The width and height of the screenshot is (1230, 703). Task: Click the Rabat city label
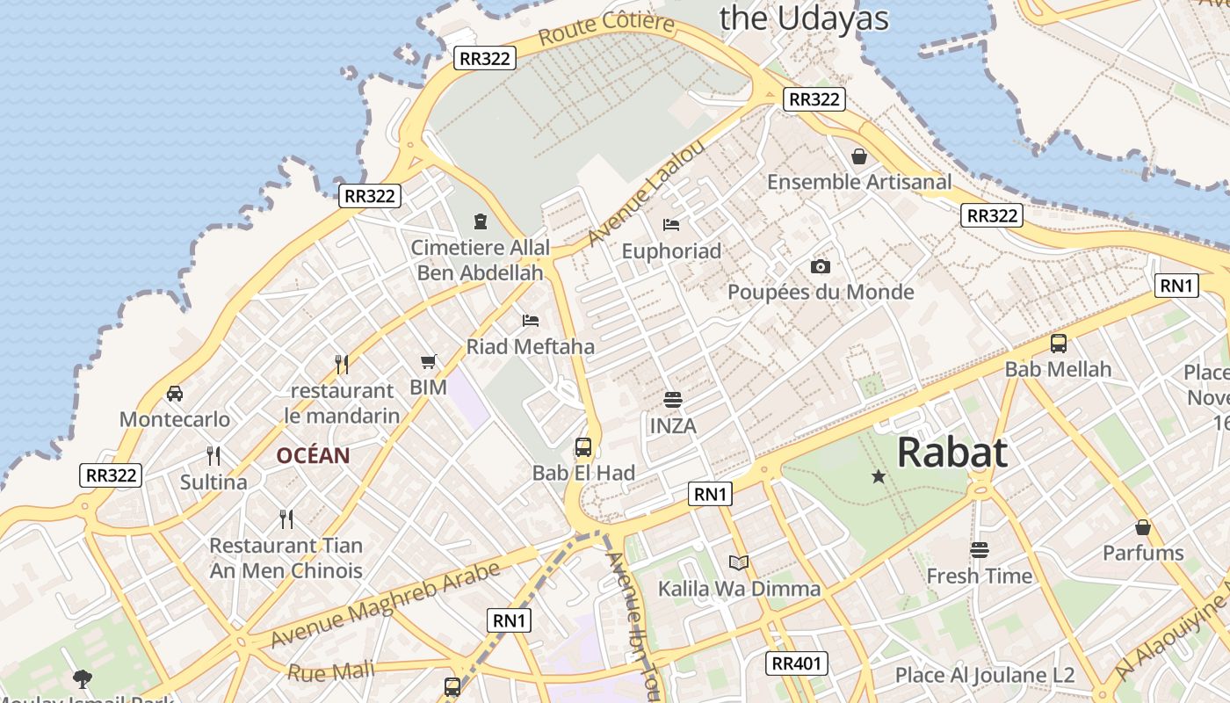tap(951, 453)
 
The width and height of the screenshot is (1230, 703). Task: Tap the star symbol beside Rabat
tap(878, 476)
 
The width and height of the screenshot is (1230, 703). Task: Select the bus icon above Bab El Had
tap(583, 447)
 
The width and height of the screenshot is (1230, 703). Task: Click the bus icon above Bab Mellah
tap(1059, 344)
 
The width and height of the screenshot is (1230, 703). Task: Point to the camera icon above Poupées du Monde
tap(820, 266)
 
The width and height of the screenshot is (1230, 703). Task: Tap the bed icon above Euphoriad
tap(671, 225)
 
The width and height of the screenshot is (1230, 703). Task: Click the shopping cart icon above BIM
tap(429, 361)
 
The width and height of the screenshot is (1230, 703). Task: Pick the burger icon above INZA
tap(673, 401)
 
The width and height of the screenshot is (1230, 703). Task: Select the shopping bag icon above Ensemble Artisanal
tap(859, 156)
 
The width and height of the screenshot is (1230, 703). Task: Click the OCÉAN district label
tap(313, 456)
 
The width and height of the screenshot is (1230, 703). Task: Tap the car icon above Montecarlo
tap(175, 393)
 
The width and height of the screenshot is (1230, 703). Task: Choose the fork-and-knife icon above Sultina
tap(213, 455)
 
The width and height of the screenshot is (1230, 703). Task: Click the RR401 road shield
tap(797, 663)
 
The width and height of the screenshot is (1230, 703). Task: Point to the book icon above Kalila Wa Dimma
tap(739, 562)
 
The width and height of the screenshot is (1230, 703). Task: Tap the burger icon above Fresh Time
tap(980, 550)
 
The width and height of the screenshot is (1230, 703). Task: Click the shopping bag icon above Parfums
tap(1143, 527)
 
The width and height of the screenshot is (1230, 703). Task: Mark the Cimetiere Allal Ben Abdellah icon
tap(480, 221)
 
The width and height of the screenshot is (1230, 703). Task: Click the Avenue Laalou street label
tap(646, 192)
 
